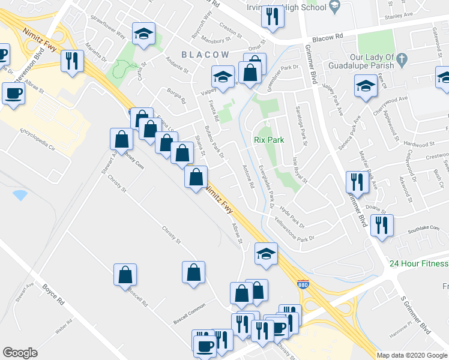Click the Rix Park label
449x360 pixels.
point(267,140)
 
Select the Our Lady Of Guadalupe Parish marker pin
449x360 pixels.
point(402,59)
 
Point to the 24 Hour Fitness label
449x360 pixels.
point(418,264)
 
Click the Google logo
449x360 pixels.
point(20,353)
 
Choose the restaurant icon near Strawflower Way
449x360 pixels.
point(72,61)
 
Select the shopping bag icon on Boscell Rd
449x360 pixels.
point(125,274)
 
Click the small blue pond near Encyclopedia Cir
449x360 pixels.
point(20,195)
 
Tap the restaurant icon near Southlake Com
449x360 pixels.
point(382,226)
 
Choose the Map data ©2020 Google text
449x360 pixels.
point(412,355)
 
